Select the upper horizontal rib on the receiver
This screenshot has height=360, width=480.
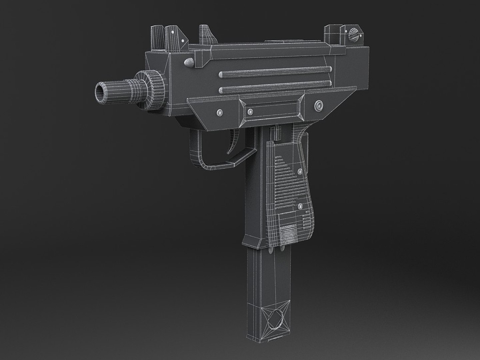275,72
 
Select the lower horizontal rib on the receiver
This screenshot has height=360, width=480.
275,88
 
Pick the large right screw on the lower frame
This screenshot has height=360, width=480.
318,106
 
